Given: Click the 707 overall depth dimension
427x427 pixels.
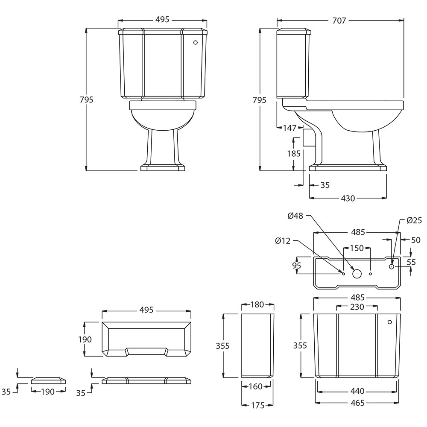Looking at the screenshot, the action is click(x=339, y=20).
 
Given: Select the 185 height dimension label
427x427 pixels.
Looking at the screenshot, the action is click(x=294, y=154).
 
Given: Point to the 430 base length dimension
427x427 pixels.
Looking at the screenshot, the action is click(x=348, y=198).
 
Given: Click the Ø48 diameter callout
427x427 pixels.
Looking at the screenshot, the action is click(x=295, y=216).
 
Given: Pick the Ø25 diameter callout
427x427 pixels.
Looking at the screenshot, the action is click(x=414, y=220).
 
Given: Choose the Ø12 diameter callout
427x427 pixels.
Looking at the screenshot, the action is click(x=283, y=241).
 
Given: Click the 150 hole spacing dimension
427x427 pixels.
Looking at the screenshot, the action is click(x=357, y=248).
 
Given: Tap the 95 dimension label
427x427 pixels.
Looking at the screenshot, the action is click(x=297, y=265).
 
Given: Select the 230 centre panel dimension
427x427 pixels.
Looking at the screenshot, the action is click(x=357, y=307).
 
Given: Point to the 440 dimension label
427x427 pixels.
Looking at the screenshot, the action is click(x=357, y=391).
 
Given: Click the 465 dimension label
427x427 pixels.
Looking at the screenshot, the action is click(x=357, y=403).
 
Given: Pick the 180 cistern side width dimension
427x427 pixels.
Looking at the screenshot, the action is click(x=257, y=304).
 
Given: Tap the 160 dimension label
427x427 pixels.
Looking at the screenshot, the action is click(x=255, y=386).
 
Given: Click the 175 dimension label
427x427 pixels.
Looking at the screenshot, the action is click(x=257, y=405).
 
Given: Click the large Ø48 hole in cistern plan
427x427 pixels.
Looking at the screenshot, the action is click(x=357, y=273).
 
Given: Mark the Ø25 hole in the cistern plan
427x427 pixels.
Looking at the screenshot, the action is click(x=392, y=266).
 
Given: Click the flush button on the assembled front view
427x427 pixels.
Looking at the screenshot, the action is click(x=195, y=42).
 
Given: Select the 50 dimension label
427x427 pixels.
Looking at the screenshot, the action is click(x=415, y=240).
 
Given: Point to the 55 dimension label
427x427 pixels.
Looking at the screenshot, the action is click(x=411, y=262).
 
